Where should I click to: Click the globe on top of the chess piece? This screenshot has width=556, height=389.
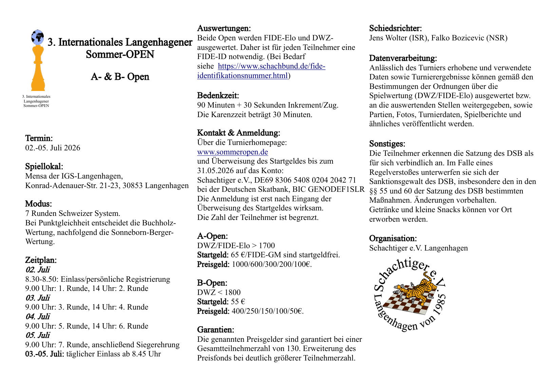coord(37,37)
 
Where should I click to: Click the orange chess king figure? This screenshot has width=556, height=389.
coord(38,70)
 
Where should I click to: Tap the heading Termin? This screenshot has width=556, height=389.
coord(39,138)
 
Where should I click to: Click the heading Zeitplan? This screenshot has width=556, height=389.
coord(41,260)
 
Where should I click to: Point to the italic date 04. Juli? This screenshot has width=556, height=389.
coord(38,316)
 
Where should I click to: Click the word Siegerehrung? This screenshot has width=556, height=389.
coord(158,345)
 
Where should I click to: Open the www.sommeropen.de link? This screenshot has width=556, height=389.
coord(232,152)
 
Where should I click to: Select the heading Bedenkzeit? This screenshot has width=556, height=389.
coord(218,95)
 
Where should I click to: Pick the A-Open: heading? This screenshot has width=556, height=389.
coord(212,236)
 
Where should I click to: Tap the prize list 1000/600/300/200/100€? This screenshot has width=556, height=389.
coord(271,264)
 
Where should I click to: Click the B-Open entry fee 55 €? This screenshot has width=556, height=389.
coord(238,301)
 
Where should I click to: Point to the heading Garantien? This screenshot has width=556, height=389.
coord(215,330)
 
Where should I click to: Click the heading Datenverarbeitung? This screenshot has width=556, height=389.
coord(403,58)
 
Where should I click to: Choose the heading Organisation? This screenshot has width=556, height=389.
coord(393,238)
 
